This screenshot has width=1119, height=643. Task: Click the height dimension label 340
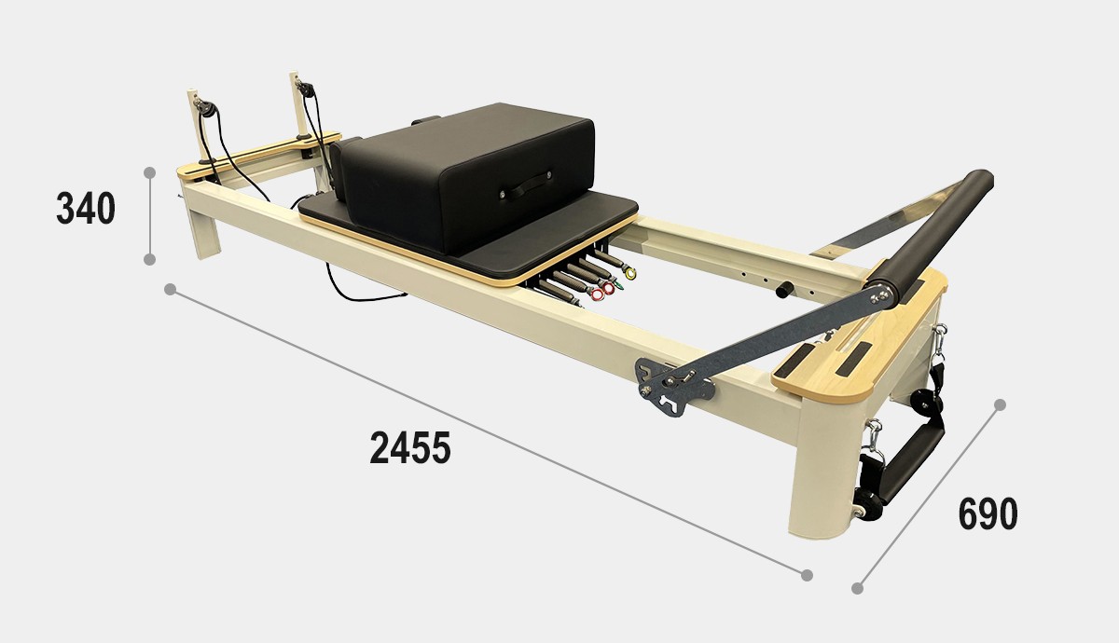[x=86, y=208]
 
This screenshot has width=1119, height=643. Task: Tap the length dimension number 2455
[x=410, y=447]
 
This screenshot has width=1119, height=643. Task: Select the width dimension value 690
[x=988, y=513]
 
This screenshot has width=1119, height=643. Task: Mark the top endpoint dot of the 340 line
[x=149, y=172]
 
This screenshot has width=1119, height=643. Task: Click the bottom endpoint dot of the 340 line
[x=149, y=259]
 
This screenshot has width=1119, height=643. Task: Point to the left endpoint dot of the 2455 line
[x=170, y=290]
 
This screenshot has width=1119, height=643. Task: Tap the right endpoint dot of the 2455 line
[x=807, y=575]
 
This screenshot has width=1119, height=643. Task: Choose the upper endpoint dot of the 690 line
[x=1000, y=404]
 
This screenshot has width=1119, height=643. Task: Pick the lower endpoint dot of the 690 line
[x=857, y=589]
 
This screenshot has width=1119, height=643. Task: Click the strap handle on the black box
[x=527, y=185]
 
